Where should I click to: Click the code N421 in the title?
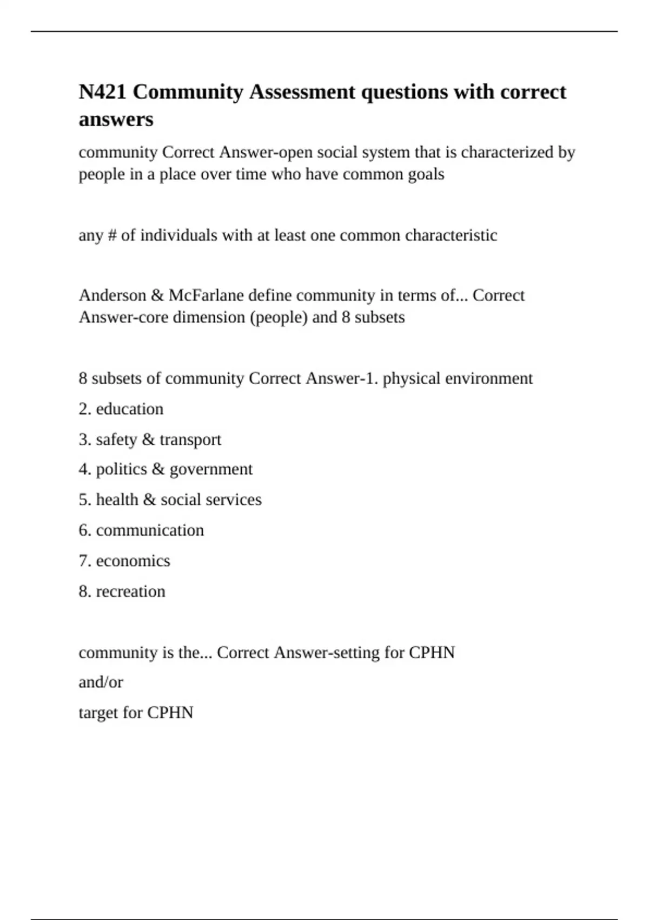click(x=103, y=92)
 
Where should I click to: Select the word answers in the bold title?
click(x=116, y=119)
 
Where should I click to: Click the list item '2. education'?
click(x=121, y=409)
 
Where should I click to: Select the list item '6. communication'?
click(x=142, y=530)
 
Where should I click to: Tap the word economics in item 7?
click(x=133, y=561)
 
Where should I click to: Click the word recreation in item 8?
click(x=130, y=592)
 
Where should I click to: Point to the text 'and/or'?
click(x=101, y=682)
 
